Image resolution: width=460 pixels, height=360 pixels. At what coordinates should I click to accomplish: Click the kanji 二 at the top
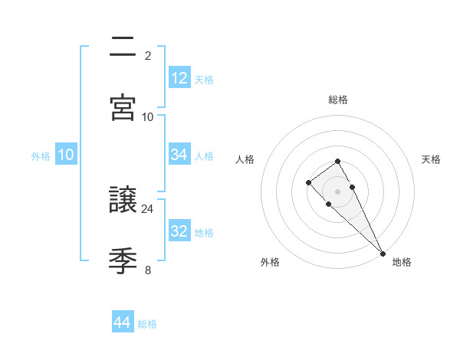coord(123,48)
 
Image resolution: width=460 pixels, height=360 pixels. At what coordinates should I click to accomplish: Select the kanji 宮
coord(123,106)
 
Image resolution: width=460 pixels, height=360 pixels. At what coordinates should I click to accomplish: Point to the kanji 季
coord(123,261)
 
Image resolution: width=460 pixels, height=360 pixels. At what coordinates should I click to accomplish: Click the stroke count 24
coord(148,208)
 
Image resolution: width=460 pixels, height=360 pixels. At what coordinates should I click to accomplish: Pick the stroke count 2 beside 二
coord(148,55)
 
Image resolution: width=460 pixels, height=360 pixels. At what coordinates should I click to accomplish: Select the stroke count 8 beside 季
coord(148,270)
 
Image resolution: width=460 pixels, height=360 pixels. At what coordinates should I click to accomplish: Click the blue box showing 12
coord(179,78)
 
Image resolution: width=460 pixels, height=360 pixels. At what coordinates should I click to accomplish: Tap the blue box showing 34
coord(179,155)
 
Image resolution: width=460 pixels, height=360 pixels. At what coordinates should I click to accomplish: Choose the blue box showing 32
coord(179,231)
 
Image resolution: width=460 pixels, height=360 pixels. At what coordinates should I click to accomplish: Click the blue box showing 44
coord(122,322)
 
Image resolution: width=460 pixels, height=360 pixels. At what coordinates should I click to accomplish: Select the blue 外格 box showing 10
coord(65,155)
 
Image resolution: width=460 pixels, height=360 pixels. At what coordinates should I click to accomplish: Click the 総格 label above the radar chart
coord(338,100)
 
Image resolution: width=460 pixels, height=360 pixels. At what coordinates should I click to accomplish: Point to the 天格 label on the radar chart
coord(432,159)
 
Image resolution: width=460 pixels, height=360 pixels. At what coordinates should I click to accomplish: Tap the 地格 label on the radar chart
coord(402,262)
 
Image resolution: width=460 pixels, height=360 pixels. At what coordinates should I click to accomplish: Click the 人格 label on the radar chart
coord(245,159)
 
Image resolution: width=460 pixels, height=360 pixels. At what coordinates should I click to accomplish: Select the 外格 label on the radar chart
coord(270,262)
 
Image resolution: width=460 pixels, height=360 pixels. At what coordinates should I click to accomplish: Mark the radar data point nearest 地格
coord(383,253)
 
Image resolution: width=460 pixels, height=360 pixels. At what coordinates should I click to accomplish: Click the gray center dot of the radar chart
coord(338,191)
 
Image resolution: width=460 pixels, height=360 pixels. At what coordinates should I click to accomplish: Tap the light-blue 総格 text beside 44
coord(147,324)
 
